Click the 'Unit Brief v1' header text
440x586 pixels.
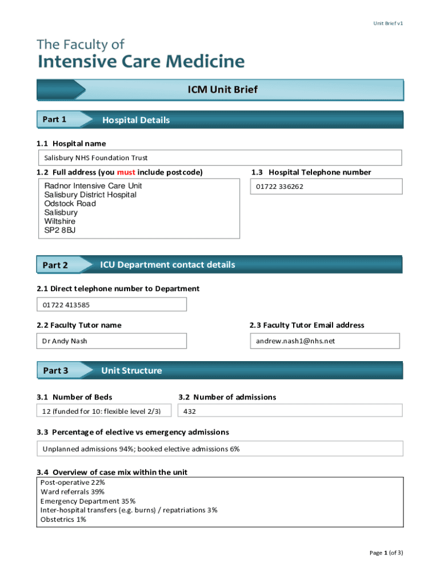(x=388, y=23)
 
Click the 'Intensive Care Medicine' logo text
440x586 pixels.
(x=141, y=61)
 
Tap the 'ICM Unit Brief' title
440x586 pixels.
(x=223, y=90)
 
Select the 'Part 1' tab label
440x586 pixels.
(x=54, y=120)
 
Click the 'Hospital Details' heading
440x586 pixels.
(x=136, y=120)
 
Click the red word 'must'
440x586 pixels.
(x=126, y=172)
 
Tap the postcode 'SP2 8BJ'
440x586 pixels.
(x=60, y=230)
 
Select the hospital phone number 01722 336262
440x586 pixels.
(x=279, y=187)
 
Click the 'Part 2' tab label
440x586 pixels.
(x=55, y=265)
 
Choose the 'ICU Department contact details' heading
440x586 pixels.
(x=167, y=265)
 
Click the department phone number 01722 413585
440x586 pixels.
(x=66, y=304)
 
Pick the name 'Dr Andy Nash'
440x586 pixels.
(x=65, y=341)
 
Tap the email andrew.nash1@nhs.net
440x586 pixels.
(x=295, y=341)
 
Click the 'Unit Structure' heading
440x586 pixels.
(x=131, y=371)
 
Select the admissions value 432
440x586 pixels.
(x=190, y=411)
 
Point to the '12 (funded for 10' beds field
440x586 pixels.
(x=97, y=411)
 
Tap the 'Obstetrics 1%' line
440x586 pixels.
(x=63, y=520)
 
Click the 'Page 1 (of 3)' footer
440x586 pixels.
(x=386, y=553)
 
